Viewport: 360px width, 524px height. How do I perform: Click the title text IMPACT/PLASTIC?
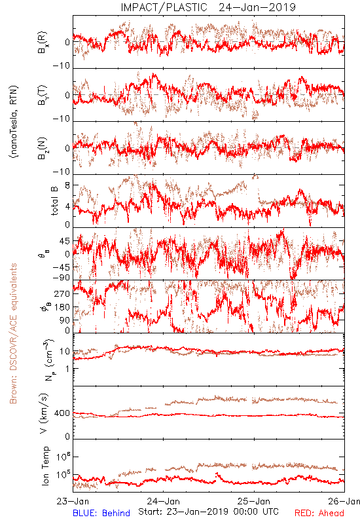click(x=164, y=7)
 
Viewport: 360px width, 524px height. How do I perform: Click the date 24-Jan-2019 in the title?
click(x=257, y=7)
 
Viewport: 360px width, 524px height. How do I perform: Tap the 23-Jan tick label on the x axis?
click(x=73, y=501)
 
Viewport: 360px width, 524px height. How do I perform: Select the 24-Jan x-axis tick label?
click(x=164, y=501)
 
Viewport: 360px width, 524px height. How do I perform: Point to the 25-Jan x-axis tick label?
click(x=254, y=501)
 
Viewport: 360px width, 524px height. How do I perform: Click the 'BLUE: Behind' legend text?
click(x=101, y=513)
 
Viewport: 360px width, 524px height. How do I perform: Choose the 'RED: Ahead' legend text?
click(x=319, y=513)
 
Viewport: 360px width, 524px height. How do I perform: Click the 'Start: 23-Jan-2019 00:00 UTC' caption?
click(x=208, y=512)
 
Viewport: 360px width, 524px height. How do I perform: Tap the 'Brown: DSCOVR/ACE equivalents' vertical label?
click(x=13, y=333)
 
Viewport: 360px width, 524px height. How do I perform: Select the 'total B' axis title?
click(x=54, y=201)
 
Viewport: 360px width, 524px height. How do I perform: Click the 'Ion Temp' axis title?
click(x=45, y=466)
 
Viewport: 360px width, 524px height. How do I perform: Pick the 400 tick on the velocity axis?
click(x=62, y=413)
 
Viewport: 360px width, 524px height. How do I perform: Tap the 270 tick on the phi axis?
click(x=62, y=293)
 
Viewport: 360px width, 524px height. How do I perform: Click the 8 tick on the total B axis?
click(x=67, y=185)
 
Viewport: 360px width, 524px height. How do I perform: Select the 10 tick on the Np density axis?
click(x=65, y=352)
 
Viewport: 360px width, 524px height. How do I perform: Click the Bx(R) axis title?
click(x=43, y=43)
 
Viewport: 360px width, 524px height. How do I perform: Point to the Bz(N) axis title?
click(x=43, y=148)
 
